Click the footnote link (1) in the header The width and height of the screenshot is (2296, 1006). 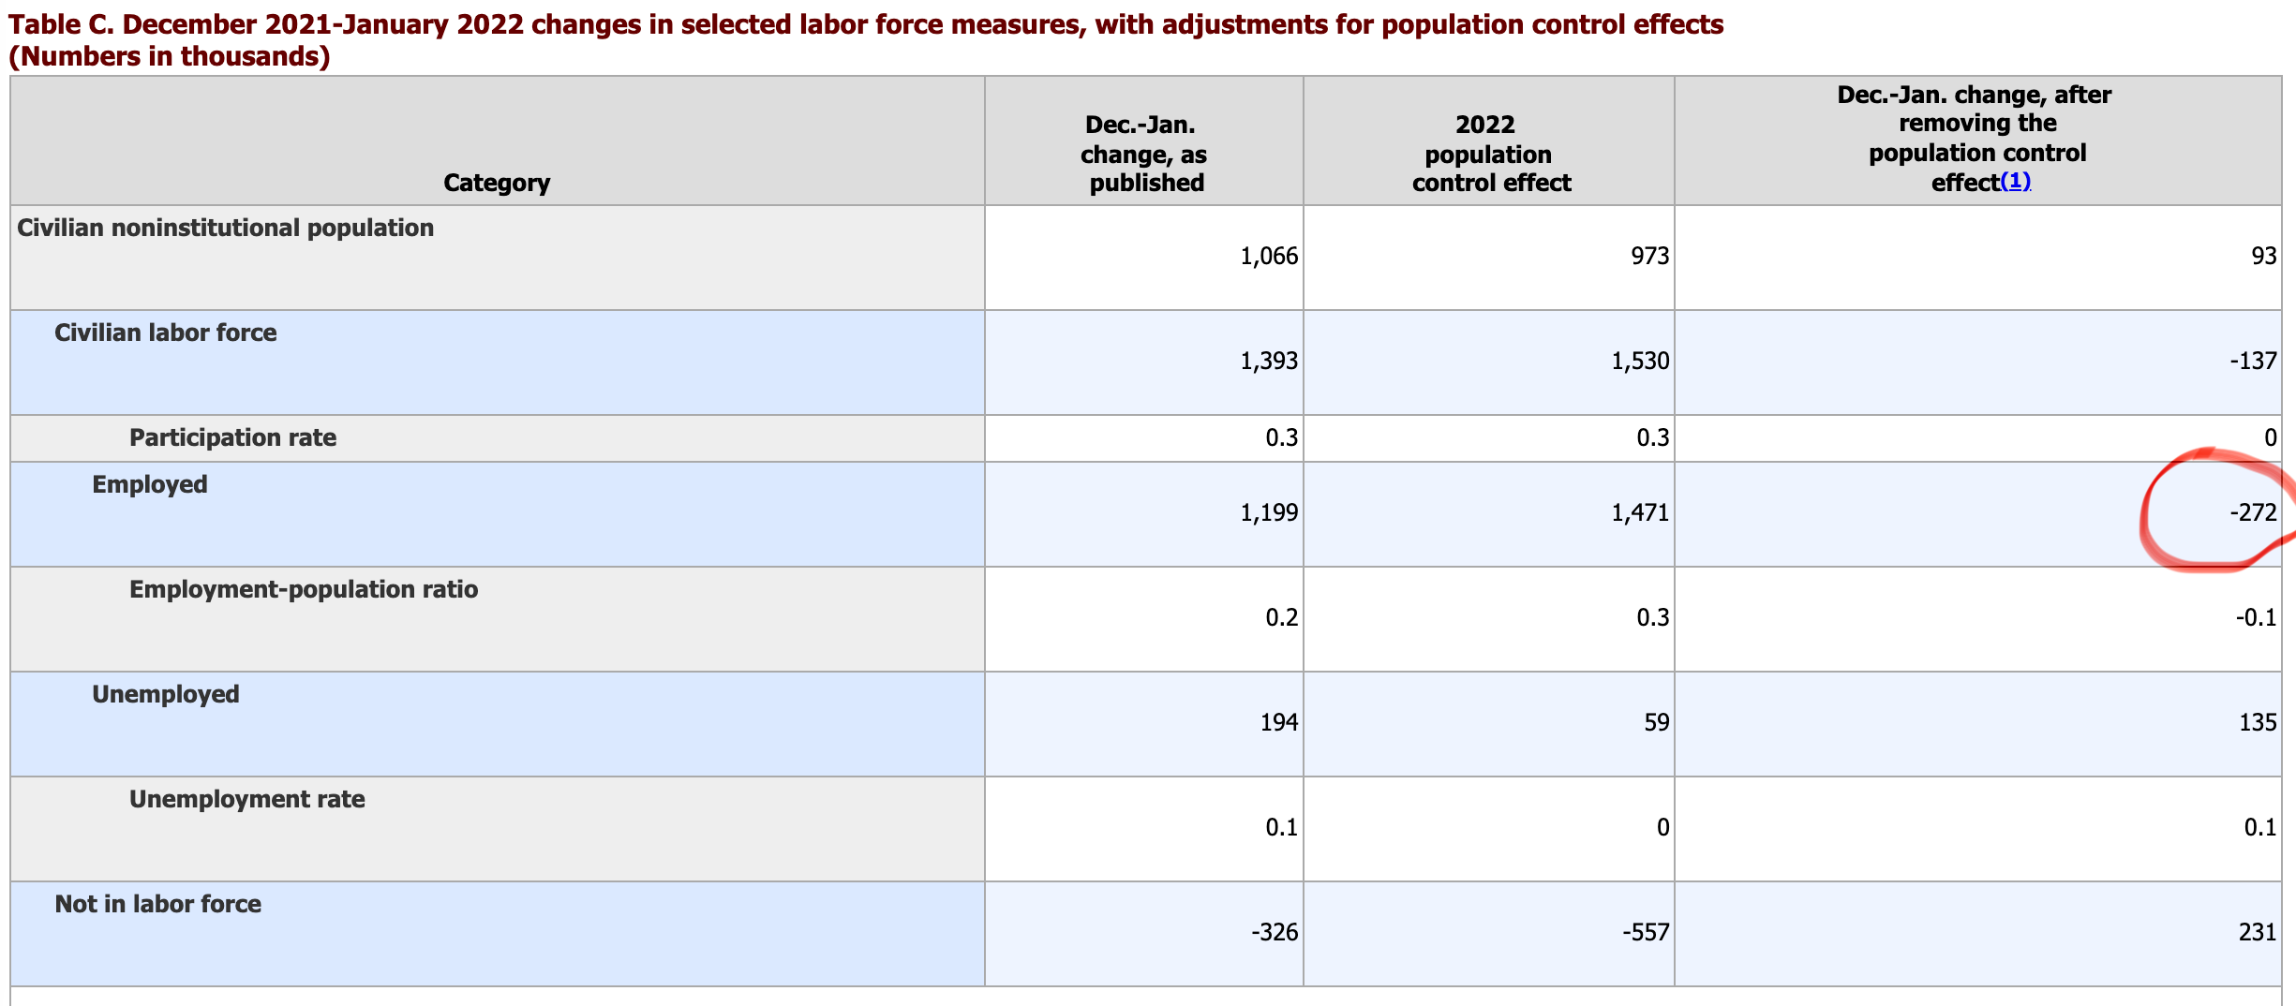click(2015, 182)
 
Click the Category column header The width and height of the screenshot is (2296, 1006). click(497, 183)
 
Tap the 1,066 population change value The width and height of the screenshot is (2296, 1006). click(1268, 256)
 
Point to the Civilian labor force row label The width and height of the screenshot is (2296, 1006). click(165, 333)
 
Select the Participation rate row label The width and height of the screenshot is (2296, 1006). click(232, 437)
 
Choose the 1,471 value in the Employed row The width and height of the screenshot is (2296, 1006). click(1640, 512)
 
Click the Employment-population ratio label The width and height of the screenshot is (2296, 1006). click(304, 589)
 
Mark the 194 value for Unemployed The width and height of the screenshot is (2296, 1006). click(1279, 722)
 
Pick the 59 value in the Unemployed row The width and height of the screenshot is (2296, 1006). click(1656, 722)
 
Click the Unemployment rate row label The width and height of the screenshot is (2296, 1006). click(246, 799)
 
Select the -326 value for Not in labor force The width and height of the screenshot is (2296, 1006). click(1275, 932)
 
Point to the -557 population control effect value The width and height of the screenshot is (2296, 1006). click(1646, 932)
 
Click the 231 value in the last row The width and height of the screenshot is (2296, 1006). click(2258, 932)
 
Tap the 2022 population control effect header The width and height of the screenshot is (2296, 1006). click(1490, 154)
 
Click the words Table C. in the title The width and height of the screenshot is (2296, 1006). click(60, 24)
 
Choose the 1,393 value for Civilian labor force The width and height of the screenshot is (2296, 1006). click(1268, 361)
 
